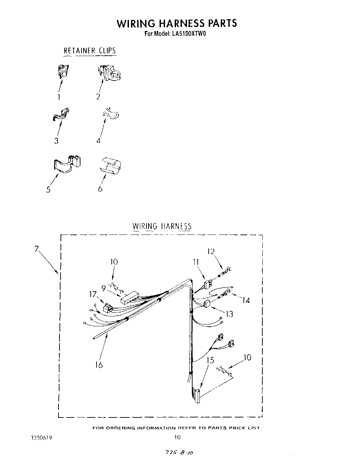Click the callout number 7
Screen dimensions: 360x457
[x=36, y=249]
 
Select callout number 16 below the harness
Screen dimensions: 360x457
[x=99, y=364]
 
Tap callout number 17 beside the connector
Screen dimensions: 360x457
[x=93, y=294]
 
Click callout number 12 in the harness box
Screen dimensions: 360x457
[x=210, y=251]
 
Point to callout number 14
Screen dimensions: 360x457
[x=246, y=300]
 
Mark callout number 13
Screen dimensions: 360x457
[x=229, y=314]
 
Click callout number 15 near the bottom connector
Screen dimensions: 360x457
[x=210, y=360]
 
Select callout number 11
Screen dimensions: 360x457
[x=196, y=262]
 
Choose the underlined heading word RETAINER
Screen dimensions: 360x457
[x=79, y=51]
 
